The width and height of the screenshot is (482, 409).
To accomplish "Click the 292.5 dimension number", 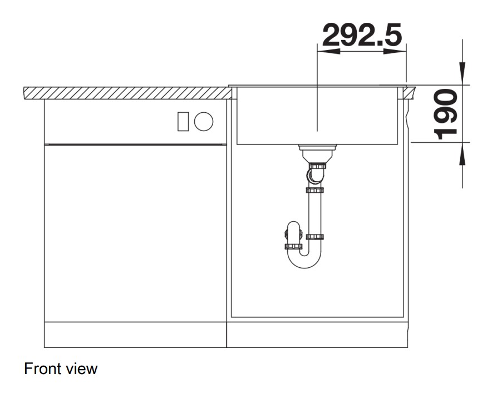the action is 362,34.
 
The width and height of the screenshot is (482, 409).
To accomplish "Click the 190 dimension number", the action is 445,114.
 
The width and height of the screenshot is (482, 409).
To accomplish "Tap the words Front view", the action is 61,368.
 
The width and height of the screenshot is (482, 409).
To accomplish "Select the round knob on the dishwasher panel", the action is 204,121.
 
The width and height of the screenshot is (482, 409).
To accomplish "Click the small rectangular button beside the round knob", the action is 183,122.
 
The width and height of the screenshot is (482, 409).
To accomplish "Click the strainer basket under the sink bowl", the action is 317,153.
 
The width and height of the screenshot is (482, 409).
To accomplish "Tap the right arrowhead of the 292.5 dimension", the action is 395,52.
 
